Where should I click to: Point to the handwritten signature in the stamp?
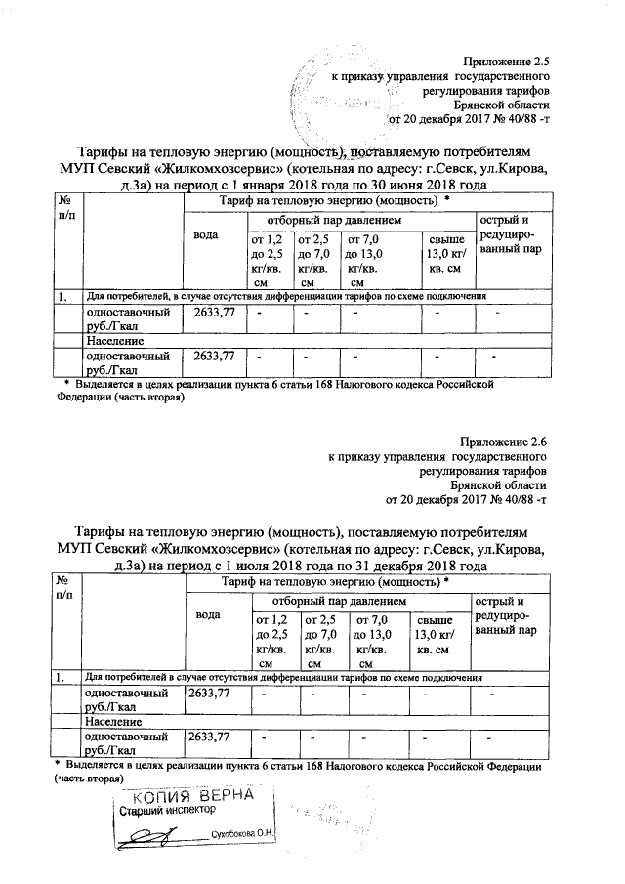[156, 835]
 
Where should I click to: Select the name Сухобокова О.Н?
[243, 835]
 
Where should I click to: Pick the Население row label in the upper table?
[114, 342]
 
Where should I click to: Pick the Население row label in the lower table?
[114, 721]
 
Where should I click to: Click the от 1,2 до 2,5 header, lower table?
[271, 642]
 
